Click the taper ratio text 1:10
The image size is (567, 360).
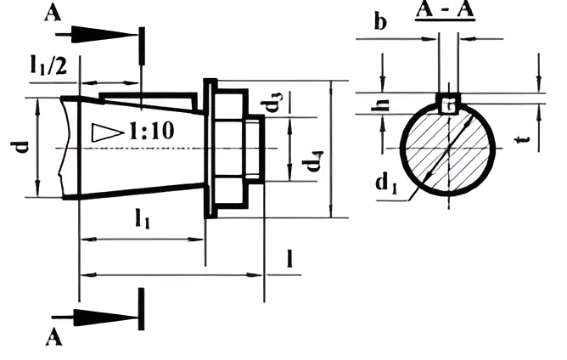(152, 131)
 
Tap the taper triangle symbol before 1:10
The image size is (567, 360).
(107, 132)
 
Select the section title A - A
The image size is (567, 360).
(445, 10)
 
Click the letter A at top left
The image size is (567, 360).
(53, 13)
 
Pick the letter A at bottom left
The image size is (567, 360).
(53, 337)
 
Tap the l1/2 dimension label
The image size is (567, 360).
(48, 65)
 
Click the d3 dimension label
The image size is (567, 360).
(277, 102)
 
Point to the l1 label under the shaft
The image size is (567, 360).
(142, 219)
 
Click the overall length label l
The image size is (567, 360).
(289, 258)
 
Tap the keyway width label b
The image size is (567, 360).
(380, 22)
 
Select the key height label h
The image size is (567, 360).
(380, 104)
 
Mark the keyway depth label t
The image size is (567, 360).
(525, 139)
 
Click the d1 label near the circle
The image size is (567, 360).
(386, 183)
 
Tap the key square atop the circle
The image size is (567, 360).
(449, 103)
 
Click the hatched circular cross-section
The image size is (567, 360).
(447, 149)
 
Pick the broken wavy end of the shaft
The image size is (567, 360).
(64, 148)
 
